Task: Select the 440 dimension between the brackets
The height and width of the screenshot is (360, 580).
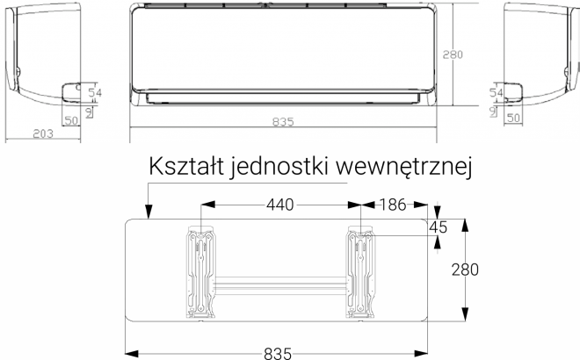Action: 280,205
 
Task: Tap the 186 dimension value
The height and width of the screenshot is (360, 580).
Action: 392,205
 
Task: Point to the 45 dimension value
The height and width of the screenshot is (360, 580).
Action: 437,227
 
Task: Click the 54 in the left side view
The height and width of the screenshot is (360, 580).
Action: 96,92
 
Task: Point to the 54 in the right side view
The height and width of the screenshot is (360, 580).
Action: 496,92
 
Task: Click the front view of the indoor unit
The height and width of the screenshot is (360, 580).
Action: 282,53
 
